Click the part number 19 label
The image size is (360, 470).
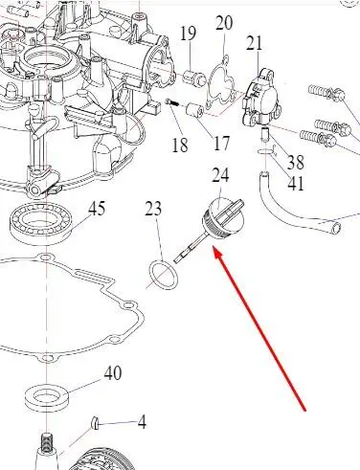[x=188, y=34]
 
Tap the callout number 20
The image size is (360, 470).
[x=224, y=23]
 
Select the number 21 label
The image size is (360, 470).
[x=255, y=43]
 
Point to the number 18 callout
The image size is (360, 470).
[x=180, y=145]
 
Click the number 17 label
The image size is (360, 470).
[x=221, y=143]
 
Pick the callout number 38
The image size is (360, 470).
[x=296, y=163]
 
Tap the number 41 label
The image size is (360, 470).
[x=296, y=183]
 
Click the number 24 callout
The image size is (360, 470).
[x=220, y=175]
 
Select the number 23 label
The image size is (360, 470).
[x=153, y=209]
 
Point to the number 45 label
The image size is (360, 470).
[x=97, y=209]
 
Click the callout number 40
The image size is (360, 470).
[x=113, y=372]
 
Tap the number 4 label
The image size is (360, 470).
[x=142, y=422]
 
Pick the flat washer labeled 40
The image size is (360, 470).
[x=47, y=397]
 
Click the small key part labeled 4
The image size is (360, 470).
[x=95, y=423]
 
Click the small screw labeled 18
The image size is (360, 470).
[x=172, y=102]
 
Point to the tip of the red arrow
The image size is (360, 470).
[x=214, y=247]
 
